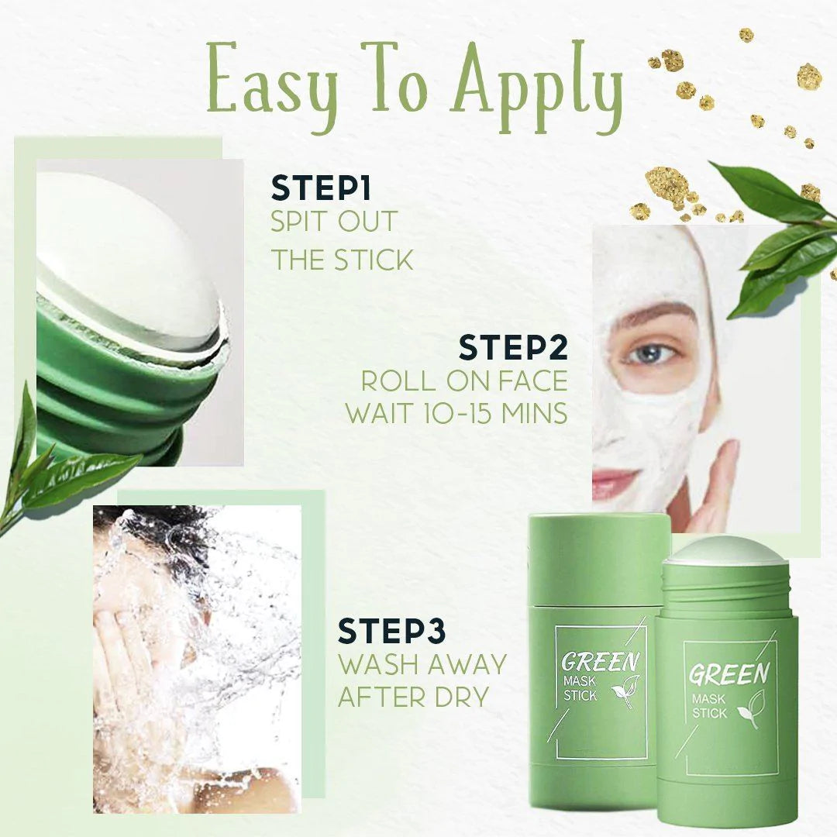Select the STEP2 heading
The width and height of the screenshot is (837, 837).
pos(513,347)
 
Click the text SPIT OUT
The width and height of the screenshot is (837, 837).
pos(333,222)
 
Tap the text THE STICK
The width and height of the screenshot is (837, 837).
pos(342,260)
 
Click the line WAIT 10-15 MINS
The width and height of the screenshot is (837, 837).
pos(456,412)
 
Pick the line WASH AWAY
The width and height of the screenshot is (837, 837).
pos(422,664)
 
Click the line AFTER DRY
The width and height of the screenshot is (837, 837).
pos(413,696)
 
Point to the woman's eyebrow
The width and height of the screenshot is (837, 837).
pos(651,315)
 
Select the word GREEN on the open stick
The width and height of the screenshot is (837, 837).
pos(729,673)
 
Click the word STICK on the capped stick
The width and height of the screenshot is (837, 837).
pos(580,695)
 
